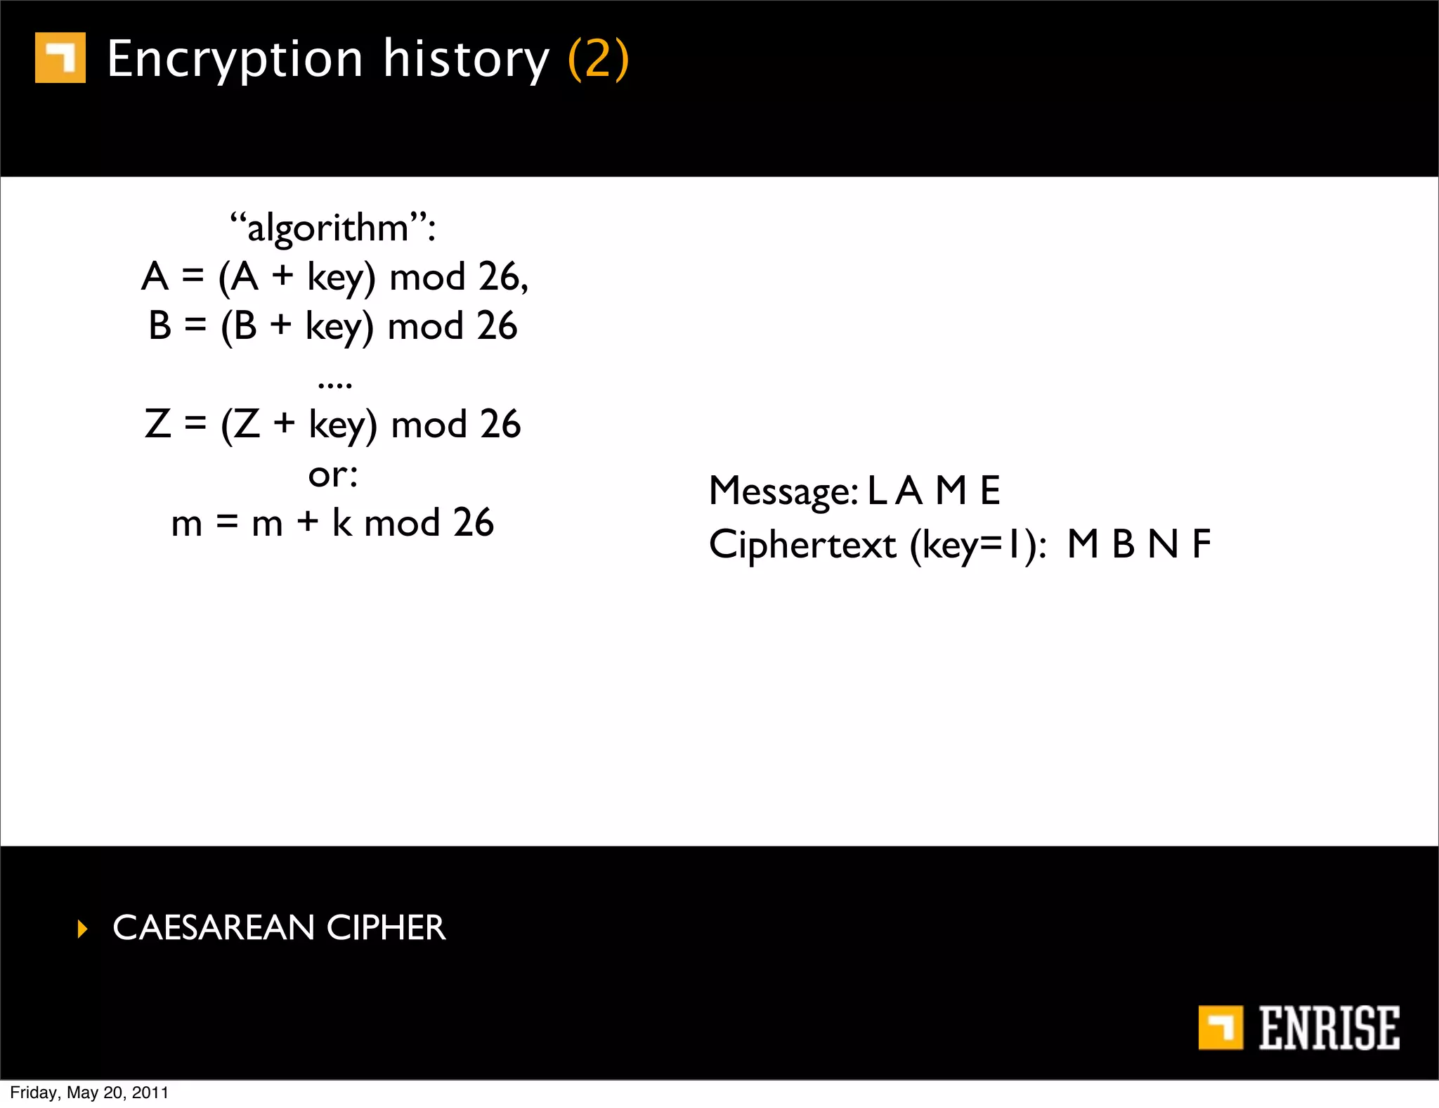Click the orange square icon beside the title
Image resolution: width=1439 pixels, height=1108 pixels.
(60, 58)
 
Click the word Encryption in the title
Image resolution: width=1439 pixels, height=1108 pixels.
(235, 59)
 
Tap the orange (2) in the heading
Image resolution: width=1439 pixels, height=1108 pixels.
(598, 59)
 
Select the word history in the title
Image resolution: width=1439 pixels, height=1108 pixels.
(465, 59)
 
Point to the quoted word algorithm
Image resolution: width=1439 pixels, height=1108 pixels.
(327, 228)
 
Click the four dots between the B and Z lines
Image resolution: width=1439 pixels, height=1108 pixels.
(334, 384)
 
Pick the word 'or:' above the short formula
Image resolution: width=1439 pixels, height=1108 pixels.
(333, 475)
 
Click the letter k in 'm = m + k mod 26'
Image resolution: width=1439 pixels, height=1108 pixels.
(341, 522)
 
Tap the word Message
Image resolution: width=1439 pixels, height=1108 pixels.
(783, 491)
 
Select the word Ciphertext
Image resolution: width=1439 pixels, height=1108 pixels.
(802, 545)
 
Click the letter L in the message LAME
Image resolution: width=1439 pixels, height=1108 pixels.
(876, 491)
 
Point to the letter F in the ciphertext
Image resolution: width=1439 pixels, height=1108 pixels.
(1202, 544)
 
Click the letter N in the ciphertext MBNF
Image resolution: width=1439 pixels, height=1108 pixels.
(1163, 544)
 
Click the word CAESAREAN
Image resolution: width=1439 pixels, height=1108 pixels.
(213, 928)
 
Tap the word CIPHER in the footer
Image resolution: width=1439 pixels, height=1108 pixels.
(386, 928)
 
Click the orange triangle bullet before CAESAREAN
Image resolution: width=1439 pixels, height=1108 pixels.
(83, 929)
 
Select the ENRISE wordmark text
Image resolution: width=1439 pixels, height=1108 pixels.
(1328, 1028)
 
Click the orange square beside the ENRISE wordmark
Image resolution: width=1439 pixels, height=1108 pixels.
(1220, 1028)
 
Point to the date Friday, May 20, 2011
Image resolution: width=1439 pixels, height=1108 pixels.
(89, 1093)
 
